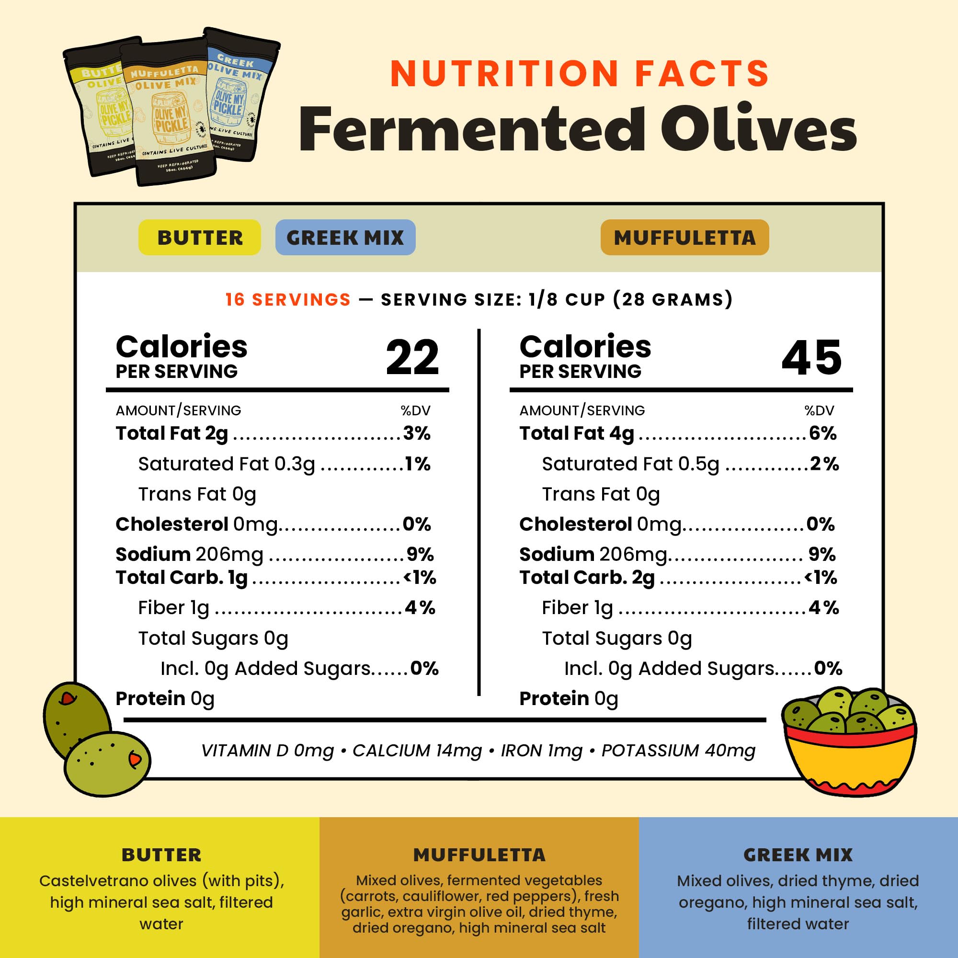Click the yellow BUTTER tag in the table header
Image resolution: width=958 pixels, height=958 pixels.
point(199,238)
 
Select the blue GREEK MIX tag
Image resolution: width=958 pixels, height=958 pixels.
point(345,238)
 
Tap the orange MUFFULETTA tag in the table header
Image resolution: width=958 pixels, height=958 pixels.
point(684,238)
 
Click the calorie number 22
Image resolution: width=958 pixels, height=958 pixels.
point(412,357)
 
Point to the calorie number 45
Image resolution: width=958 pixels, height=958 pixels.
point(811,357)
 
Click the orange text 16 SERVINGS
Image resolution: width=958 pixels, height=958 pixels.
point(287,299)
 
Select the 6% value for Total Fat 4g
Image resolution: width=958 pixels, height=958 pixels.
point(822,433)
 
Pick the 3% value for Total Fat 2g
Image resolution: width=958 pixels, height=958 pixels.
point(417,433)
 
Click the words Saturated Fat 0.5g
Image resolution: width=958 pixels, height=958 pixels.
point(630,464)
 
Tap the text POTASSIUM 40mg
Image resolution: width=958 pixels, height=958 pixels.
point(678,751)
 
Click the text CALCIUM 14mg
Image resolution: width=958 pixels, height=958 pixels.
point(417,751)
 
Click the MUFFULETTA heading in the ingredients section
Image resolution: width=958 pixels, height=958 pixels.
point(479,855)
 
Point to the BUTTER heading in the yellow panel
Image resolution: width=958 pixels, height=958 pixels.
point(161,855)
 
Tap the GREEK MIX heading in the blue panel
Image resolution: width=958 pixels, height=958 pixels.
point(798,855)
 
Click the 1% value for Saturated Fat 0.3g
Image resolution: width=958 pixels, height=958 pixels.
point(418,464)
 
